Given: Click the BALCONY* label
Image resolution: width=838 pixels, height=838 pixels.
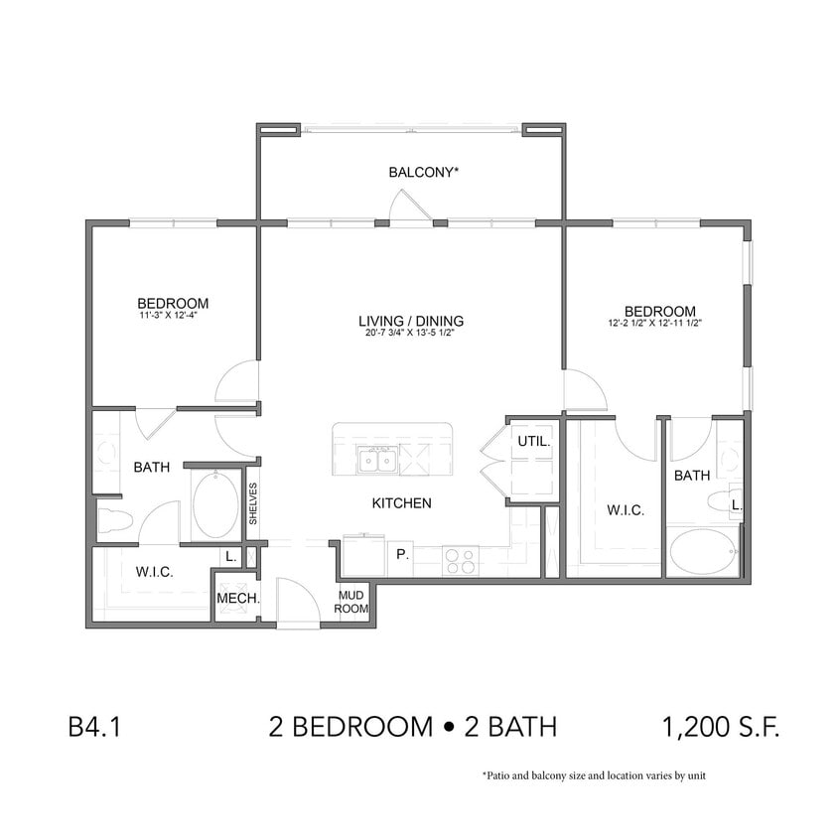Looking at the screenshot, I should (x=424, y=172).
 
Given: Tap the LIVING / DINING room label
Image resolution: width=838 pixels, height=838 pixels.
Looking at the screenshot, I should (x=411, y=321).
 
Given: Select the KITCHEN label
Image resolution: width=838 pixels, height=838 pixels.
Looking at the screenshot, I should (x=401, y=503).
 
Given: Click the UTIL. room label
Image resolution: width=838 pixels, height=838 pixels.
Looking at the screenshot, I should (x=533, y=442).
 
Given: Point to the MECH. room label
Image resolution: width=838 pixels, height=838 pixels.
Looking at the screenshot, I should (x=237, y=599).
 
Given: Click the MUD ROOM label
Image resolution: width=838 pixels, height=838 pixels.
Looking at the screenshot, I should (x=351, y=602).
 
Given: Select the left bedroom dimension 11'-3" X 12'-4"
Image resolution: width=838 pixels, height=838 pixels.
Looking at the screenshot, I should (x=173, y=317).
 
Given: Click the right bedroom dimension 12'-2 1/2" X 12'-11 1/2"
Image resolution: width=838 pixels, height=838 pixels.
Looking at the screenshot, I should (x=655, y=324).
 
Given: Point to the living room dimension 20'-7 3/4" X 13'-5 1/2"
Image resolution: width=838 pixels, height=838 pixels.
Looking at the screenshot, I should (x=411, y=334).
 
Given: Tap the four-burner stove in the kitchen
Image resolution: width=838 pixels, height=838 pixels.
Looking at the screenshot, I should (x=458, y=562).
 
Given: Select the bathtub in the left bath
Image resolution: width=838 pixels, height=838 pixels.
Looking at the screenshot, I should (x=215, y=505).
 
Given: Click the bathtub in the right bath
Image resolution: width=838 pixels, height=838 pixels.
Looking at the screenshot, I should (x=703, y=552).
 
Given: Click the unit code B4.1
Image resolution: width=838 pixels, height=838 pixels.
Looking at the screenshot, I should (x=94, y=728).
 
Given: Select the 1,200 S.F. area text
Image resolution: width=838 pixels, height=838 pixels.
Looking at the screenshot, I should (x=721, y=728).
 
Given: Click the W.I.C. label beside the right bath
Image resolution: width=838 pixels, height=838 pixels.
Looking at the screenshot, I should (x=626, y=510).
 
